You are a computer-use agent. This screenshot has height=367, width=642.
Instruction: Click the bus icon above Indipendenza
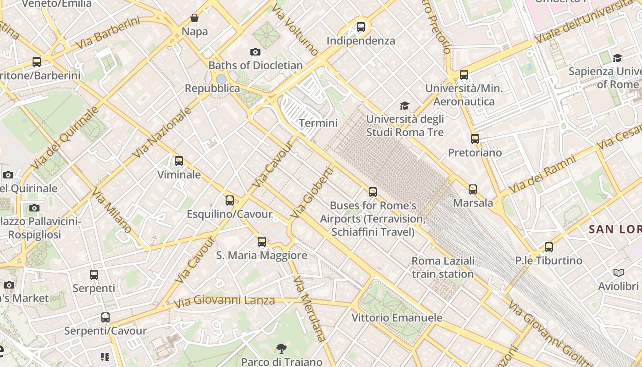[361, 27]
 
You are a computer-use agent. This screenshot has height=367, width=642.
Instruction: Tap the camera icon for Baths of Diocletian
[255, 52]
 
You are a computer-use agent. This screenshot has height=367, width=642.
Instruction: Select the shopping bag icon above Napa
[194, 18]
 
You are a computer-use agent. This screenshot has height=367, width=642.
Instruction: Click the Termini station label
[318, 123]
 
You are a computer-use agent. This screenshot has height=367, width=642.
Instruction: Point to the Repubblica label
[212, 88]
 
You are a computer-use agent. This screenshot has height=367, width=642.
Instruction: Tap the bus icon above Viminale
[179, 161]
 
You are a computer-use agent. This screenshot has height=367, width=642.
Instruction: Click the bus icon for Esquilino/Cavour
[230, 200]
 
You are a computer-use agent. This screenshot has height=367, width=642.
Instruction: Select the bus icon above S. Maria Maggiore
[262, 242]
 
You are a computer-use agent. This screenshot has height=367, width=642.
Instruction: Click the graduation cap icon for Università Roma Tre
[404, 106]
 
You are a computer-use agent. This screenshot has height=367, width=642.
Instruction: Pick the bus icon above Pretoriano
[475, 139]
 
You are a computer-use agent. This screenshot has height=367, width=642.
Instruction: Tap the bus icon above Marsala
[473, 189]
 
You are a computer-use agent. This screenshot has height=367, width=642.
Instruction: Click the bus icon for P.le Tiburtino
[549, 247]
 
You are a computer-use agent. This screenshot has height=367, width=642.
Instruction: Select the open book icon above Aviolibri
[619, 273]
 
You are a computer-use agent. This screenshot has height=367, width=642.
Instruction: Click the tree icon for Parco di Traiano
[282, 349]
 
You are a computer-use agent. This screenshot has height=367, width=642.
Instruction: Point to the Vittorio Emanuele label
[397, 317]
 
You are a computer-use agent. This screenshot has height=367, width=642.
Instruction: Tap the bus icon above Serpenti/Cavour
[105, 317]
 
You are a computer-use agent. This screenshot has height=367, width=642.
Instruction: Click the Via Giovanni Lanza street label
[224, 301]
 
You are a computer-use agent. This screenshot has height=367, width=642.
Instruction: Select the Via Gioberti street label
[311, 192]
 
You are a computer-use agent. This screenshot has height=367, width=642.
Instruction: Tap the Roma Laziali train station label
[443, 267]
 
